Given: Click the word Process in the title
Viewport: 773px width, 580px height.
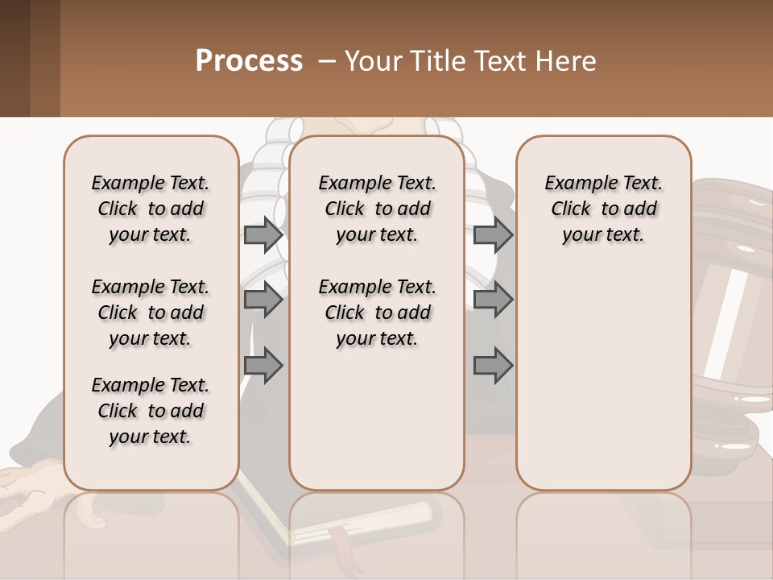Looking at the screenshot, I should tap(249, 61).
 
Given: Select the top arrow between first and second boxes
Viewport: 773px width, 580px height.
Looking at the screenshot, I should tap(262, 234).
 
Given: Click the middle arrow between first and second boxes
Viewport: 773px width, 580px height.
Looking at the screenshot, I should tap(262, 300).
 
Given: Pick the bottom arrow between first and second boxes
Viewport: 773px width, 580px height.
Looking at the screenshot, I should tap(262, 366).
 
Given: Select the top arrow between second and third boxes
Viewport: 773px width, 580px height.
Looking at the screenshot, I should tap(493, 234).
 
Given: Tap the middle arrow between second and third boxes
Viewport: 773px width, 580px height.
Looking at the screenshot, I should tap(493, 300).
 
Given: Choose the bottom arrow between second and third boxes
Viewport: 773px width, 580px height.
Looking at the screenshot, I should tap(493, 366).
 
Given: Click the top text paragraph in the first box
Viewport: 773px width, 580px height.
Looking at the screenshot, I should tap(151, 209).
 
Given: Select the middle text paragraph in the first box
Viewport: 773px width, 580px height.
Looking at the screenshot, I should tap(151, 313).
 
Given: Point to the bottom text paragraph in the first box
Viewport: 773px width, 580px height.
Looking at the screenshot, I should tap(151, 411).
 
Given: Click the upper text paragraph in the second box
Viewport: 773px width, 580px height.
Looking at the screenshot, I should tap(378, 209).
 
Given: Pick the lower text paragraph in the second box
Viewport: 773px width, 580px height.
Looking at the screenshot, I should tap(378, 313).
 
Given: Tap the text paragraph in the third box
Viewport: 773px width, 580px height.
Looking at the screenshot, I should tap(604, 209).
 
